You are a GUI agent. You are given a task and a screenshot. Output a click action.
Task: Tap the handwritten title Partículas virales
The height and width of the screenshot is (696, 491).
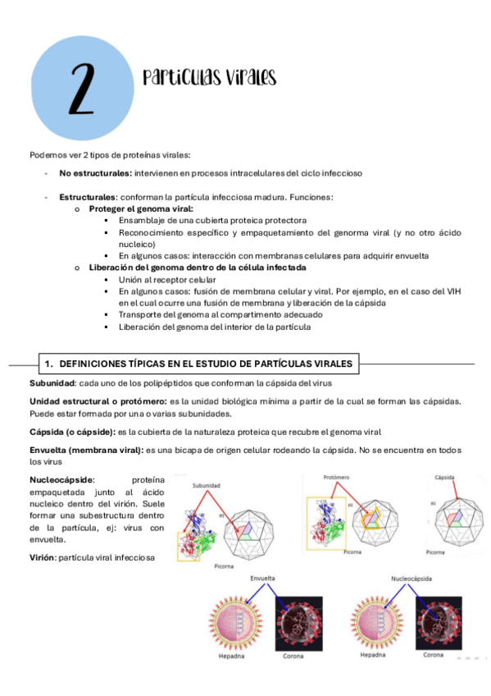click(209, 78)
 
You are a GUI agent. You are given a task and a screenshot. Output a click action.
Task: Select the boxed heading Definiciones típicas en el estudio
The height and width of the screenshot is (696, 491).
click(198, 363)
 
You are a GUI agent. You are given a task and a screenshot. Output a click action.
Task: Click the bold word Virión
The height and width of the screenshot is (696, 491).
click(45, 558)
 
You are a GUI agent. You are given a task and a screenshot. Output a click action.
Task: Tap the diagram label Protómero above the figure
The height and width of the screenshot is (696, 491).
click(337, 476)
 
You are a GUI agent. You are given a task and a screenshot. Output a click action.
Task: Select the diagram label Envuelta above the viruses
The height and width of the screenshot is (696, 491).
click(262, 579)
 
